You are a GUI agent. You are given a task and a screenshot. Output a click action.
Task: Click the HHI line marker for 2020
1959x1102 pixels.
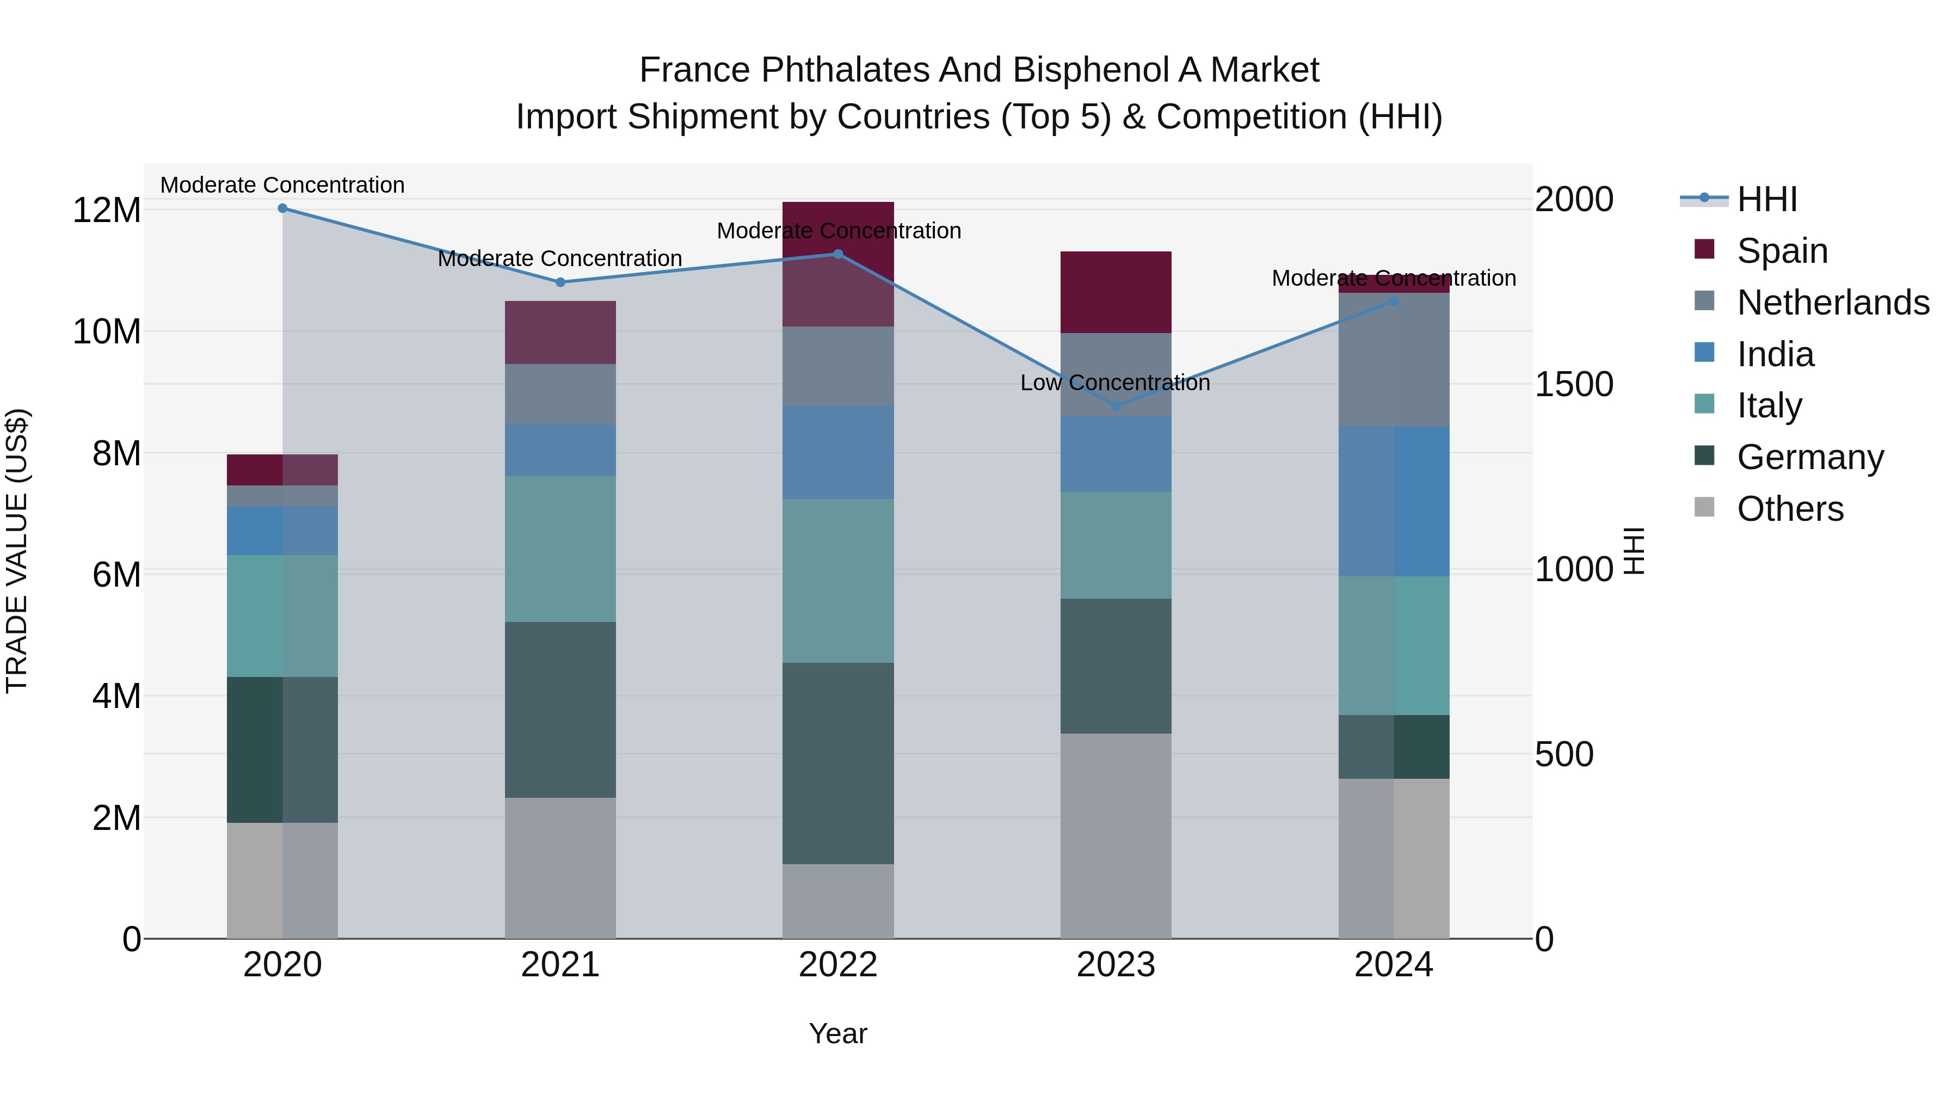(282, 208)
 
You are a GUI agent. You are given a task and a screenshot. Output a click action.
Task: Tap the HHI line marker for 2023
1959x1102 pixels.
(1116, 406)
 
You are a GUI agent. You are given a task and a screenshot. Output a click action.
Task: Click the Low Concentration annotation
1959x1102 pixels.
(1115, 383)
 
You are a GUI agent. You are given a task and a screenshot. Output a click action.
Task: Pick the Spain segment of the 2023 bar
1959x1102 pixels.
(1116, 292)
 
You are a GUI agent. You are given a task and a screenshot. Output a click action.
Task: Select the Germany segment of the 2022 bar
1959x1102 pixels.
(838, 763)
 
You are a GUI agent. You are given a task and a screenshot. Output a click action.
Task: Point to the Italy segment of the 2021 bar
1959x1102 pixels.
(560, 549)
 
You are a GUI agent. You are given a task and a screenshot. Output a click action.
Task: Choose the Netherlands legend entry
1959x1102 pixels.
(1833, 303)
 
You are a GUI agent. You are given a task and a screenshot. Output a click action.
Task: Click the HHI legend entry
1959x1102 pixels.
(1766, 199)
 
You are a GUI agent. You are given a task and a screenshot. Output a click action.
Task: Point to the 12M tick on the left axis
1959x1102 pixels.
(107, 211)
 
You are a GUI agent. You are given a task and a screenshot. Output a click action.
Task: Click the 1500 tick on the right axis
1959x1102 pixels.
(1573, 384)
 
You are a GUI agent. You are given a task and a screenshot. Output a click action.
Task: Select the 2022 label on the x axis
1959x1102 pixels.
(838, 965)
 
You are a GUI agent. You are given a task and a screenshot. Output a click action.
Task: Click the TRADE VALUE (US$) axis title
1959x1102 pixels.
(17, 551)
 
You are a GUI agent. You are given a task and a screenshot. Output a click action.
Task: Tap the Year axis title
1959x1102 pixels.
(838, 1033)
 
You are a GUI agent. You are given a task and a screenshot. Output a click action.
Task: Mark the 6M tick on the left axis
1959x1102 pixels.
(116, 574)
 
